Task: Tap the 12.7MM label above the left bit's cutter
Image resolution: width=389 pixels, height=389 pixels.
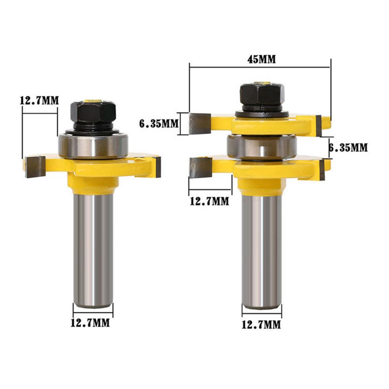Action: coord(39,100)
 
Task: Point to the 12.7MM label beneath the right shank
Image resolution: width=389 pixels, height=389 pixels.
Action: coord(261,325)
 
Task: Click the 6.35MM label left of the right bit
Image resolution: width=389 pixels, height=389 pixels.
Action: coord(158,123)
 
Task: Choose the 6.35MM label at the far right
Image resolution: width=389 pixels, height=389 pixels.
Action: coord(349,148)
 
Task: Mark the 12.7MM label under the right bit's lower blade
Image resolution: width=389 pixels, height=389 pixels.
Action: coord(209,201)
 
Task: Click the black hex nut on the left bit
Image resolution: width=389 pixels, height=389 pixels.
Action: coord(93,112)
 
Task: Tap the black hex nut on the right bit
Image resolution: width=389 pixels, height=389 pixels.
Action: coord(261,94)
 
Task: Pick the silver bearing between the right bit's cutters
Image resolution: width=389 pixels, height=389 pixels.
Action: coord(262,146)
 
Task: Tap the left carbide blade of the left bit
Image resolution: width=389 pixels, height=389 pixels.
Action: coord(36,166)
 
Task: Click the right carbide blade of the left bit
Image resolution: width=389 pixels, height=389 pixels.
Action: coord(156,167)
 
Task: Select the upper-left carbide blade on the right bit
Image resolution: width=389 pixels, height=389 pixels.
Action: coord(199,123)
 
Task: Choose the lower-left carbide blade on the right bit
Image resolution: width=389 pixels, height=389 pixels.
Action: coord(200,167)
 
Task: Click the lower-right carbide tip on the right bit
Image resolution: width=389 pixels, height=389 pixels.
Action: coord(322,169)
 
